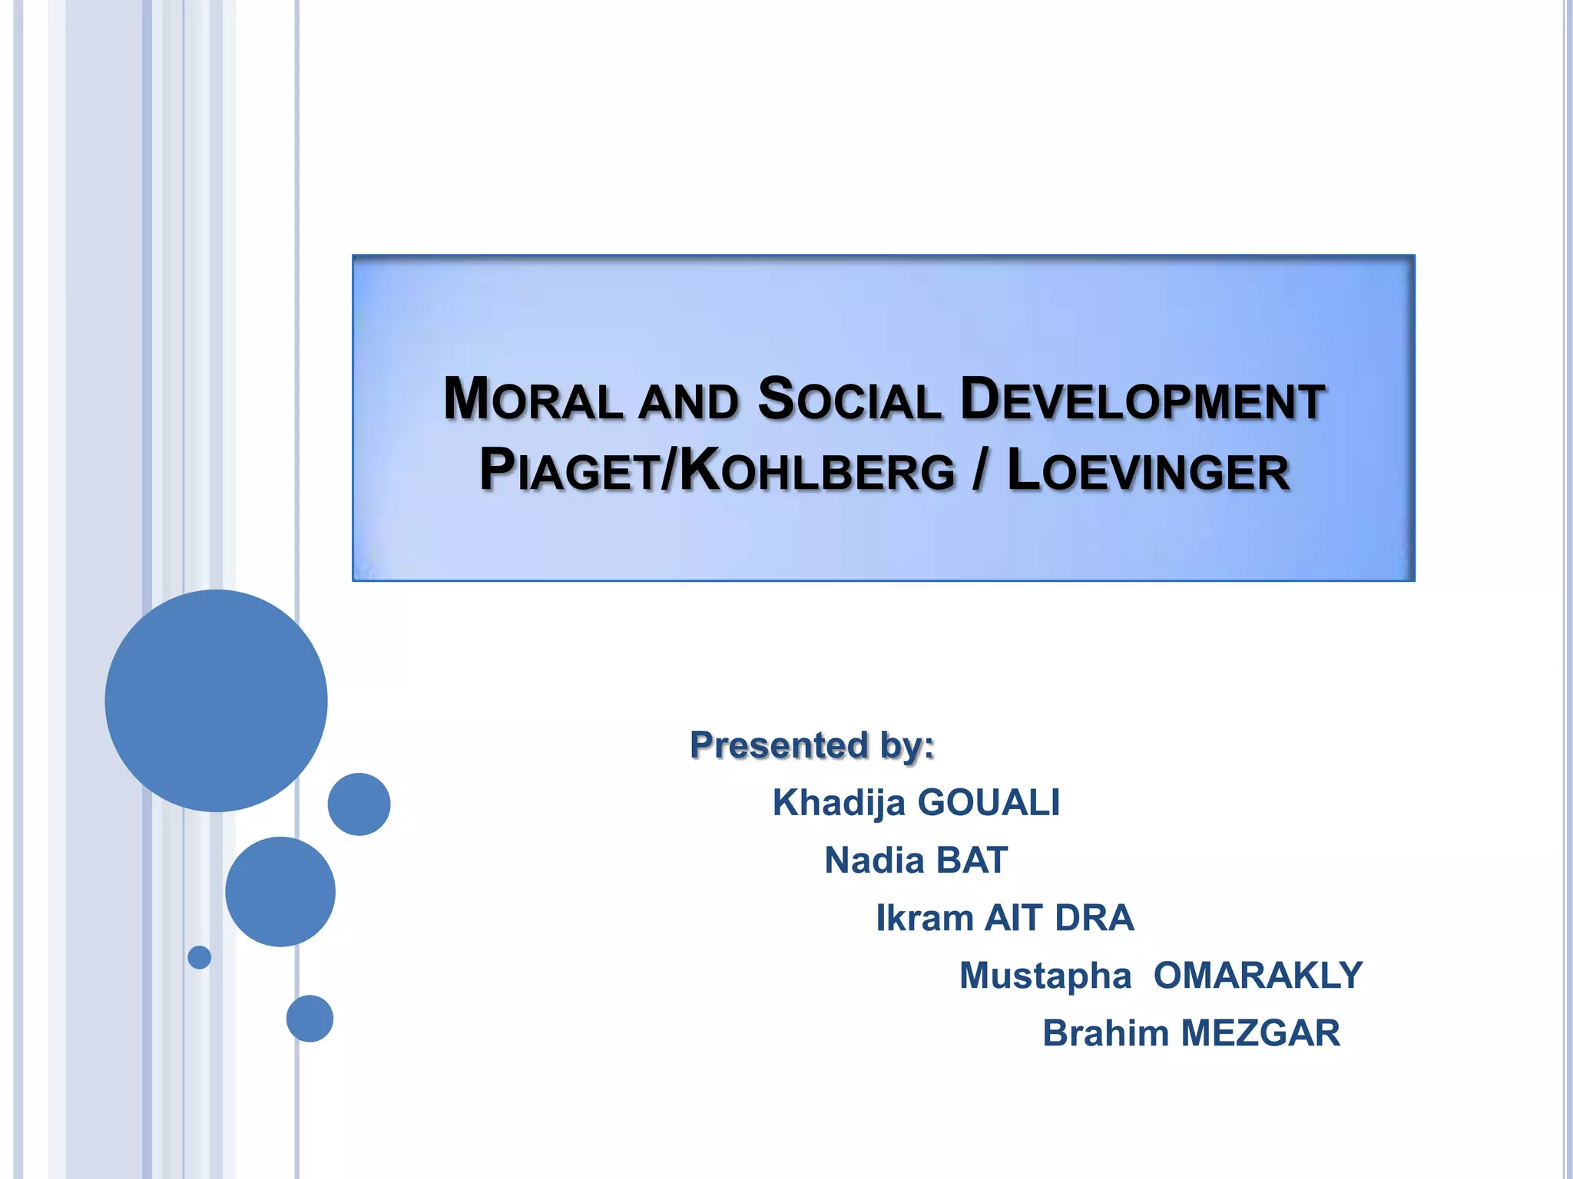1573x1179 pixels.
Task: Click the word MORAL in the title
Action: tap(533, 401)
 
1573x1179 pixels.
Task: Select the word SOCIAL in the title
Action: tap(849, 401)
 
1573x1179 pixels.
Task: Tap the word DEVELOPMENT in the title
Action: tap(1142, 401)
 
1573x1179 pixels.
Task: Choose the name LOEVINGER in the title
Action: tap(1148, 471)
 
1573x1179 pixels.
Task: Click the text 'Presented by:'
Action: tap(812, 745)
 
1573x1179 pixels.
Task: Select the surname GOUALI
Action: tap(989, 803)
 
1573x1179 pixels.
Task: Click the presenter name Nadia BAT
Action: tap(916, 860)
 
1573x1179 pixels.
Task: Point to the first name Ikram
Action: tap(925, 918)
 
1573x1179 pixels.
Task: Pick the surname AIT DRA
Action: tap(1059, 918)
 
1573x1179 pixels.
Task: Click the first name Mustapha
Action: tap(1045, 976)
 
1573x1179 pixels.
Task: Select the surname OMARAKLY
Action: tap(1258, 976)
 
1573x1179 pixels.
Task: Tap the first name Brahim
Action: tap(1105, 1033)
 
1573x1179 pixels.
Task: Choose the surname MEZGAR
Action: tap(1260, 1033)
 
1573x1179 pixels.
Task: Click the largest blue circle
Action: tap(216, 700)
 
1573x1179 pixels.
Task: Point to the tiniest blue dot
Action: tap(199, 957)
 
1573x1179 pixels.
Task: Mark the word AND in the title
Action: tap(688, 403)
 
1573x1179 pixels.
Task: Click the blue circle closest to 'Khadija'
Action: tap(359, 804)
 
